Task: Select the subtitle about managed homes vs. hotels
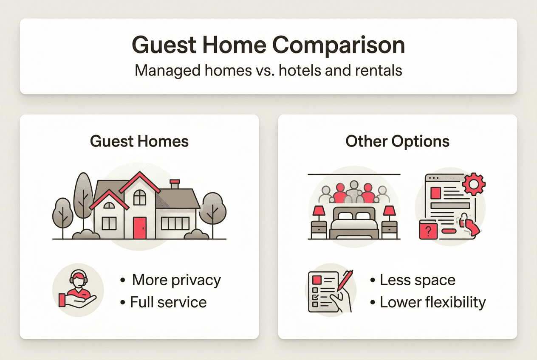point(268,70)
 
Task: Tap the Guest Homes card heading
point(139,141)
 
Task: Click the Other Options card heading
point(397,141)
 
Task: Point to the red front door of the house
point(139,228)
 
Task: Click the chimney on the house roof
point(175,184)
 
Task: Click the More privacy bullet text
point(176,280)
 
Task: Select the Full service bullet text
point(168,302)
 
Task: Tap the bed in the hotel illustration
point(353,223)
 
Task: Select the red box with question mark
point(428,231)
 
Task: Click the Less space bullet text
point(417,280)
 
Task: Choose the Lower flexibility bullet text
point(432,302)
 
